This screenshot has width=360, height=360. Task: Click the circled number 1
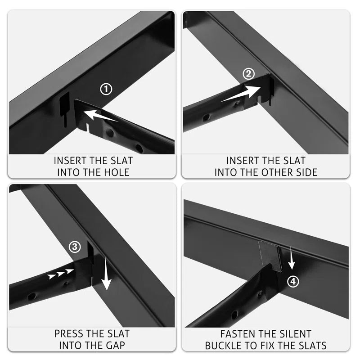tap(106, 89)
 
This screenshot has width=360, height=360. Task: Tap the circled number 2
tap(249, 74)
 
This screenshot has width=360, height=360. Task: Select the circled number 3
tap(75, 247)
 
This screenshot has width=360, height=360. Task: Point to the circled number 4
tap(293, 282)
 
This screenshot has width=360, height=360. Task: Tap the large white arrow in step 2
tap(241, 94)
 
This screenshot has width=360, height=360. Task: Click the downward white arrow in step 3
tap(106, 274)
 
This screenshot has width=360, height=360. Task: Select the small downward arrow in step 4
tap(291, 257)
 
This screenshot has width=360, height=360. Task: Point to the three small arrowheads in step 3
tap(61, 274)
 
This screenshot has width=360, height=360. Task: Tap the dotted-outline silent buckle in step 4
tap(270, 256)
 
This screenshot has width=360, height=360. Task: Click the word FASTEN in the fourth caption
tap(236, 334)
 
